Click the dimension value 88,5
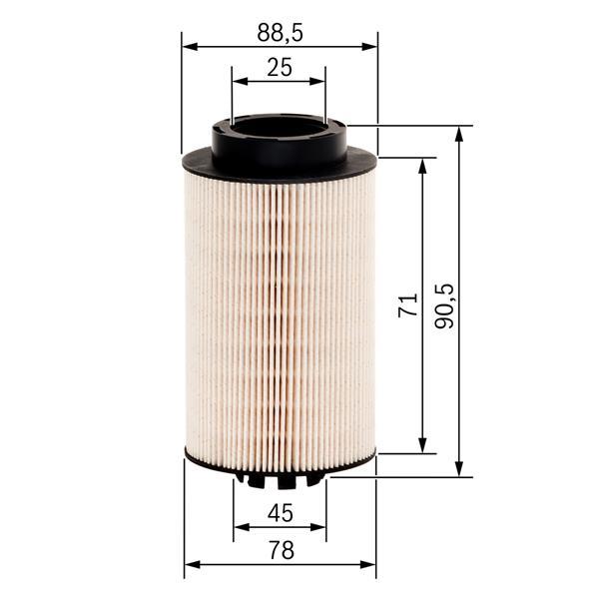[x=280, y=33]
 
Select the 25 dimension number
[x=280, y=67]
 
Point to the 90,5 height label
[x=445, y=305]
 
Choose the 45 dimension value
[x=281, y=514]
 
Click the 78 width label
[x=281, y=549]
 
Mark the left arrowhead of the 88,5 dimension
[x=189, y=46]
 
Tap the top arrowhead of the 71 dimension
[x=424, y=164]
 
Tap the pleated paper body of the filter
[x=280, y=309]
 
